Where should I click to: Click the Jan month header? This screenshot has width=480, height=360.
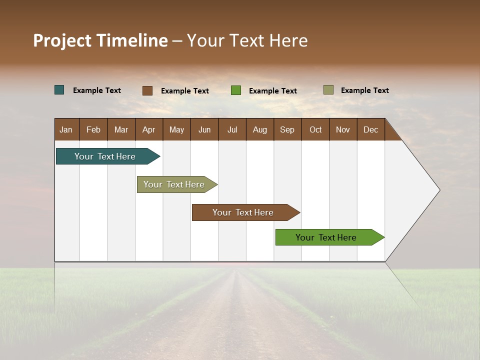[x=66, y=129]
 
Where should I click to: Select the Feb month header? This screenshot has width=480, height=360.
[x=93, y=129]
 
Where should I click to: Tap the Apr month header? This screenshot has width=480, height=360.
[x=148, y=129]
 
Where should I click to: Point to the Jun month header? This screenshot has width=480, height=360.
[x=204, y=129]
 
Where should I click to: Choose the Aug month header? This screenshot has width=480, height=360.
[x=259, y=129]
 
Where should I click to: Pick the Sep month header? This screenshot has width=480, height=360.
[x=287, y=129]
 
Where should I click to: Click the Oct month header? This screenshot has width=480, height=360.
[x=315, y=129]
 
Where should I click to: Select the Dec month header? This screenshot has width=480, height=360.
[x=370, y=129]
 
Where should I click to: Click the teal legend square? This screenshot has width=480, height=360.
[x=59, y=90]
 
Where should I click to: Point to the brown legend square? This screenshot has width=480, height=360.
[x=147, y=90]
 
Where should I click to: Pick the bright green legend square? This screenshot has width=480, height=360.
[x=236, y=90]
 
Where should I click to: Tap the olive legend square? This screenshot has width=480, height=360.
[x=328, y=90]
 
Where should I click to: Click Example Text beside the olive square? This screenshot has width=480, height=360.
[x=364, y=90]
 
